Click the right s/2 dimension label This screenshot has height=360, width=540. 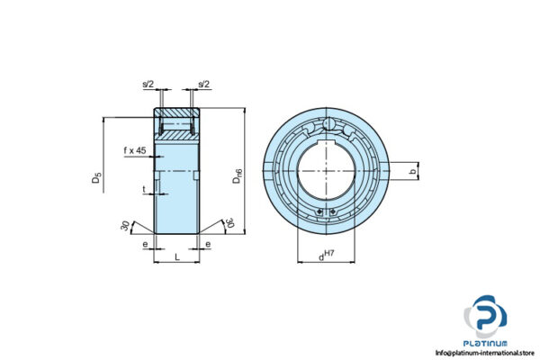(x=203, y=85)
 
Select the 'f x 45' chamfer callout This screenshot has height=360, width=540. (x=135, y=150)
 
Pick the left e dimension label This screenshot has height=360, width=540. (x=146, y=244)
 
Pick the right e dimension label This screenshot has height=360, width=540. (x=208, y=244)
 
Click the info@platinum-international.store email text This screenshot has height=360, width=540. (x=486, y=353)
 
